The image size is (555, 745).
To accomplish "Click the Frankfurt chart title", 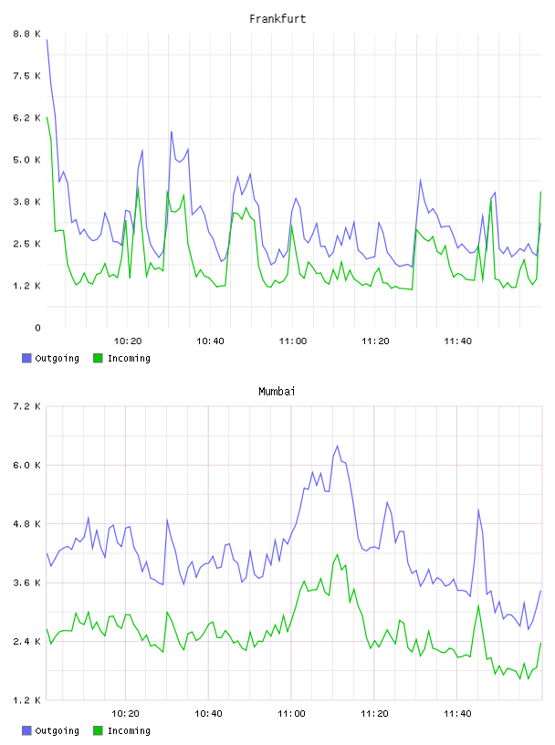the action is coord(277,19).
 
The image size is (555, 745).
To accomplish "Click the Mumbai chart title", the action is coord(277,392).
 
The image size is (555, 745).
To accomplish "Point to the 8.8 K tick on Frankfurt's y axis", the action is coord(27,34).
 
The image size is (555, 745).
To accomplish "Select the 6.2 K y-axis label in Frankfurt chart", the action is coord(27,118).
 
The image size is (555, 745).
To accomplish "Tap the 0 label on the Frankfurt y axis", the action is coord(37,328).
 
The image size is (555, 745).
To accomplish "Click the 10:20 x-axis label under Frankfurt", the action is coord(128,341).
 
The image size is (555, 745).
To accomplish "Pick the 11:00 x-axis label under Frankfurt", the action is coord(293,341).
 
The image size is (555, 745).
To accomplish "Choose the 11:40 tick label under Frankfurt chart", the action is coord(458,341).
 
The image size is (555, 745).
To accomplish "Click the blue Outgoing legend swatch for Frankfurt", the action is coord(26,358).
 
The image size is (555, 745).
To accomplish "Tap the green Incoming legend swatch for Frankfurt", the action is coord(98,358).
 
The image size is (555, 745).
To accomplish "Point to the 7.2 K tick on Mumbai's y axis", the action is coord(27,406).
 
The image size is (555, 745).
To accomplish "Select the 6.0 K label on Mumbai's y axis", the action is coord(27,465).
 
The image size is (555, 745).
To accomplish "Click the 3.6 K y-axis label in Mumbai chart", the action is coord(27,583).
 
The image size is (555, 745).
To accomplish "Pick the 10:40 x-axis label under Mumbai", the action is coord(209,714).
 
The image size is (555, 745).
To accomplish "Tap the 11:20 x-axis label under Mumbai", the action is coord(374,714).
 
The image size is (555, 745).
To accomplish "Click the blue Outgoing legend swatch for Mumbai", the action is coord(26,730).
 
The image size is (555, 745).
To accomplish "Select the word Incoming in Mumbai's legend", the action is coord(129,731).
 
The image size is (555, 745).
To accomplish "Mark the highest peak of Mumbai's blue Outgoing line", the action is coord(338,446).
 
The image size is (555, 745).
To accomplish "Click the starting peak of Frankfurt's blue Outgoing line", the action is coord(47,40).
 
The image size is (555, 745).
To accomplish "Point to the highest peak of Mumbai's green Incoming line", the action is coord(338,554).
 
